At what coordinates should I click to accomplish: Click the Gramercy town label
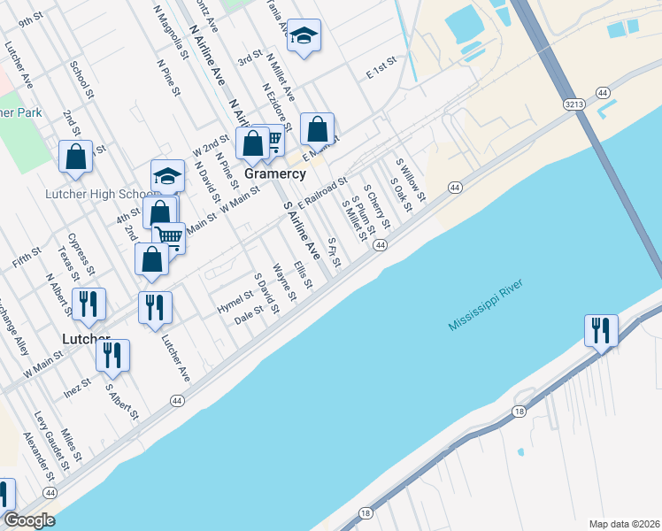[274, 174]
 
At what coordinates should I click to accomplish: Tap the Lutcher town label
[85, 339]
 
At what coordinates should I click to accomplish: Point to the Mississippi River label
[486, 305]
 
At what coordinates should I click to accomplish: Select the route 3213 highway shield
[574, 104]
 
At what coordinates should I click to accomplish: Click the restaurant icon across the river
[601, 330]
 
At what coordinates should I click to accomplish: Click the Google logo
[29, 520]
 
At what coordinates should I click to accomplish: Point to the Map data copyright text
[624, 523]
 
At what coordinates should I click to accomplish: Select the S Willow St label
[411, 180]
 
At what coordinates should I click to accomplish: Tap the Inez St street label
[77, 386]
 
